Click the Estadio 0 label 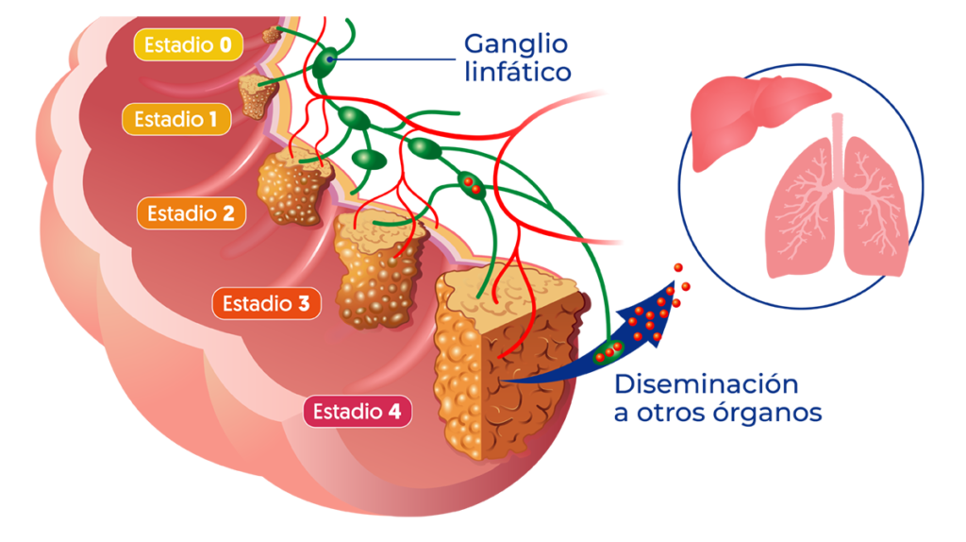(189, 44)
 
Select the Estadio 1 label (175, 120)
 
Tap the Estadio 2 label (191, 213)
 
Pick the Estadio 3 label (266, 304)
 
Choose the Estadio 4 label (358, 412)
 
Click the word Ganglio (515, 44)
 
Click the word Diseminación (706, 385)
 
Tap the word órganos (776, 414)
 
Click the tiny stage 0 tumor (272, 34)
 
